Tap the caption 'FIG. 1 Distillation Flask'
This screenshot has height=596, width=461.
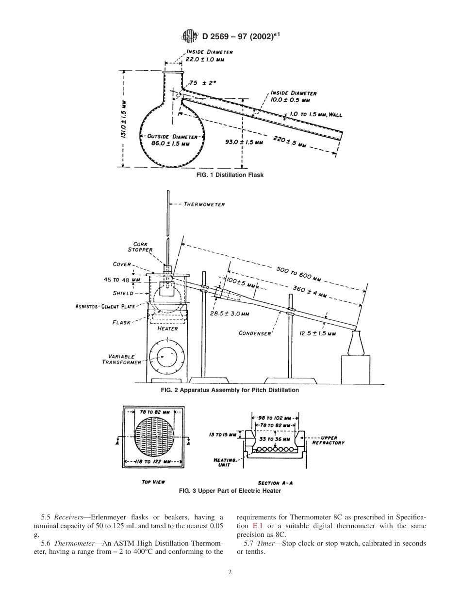tap(230, 174)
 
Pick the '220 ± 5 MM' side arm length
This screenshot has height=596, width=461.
tap(290, 142)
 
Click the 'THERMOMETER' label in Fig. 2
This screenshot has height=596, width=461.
tap(204, 204)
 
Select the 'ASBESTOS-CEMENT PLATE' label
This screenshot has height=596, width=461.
tap(107, 306)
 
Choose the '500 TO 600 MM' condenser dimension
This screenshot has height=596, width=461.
tap(298, 274)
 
